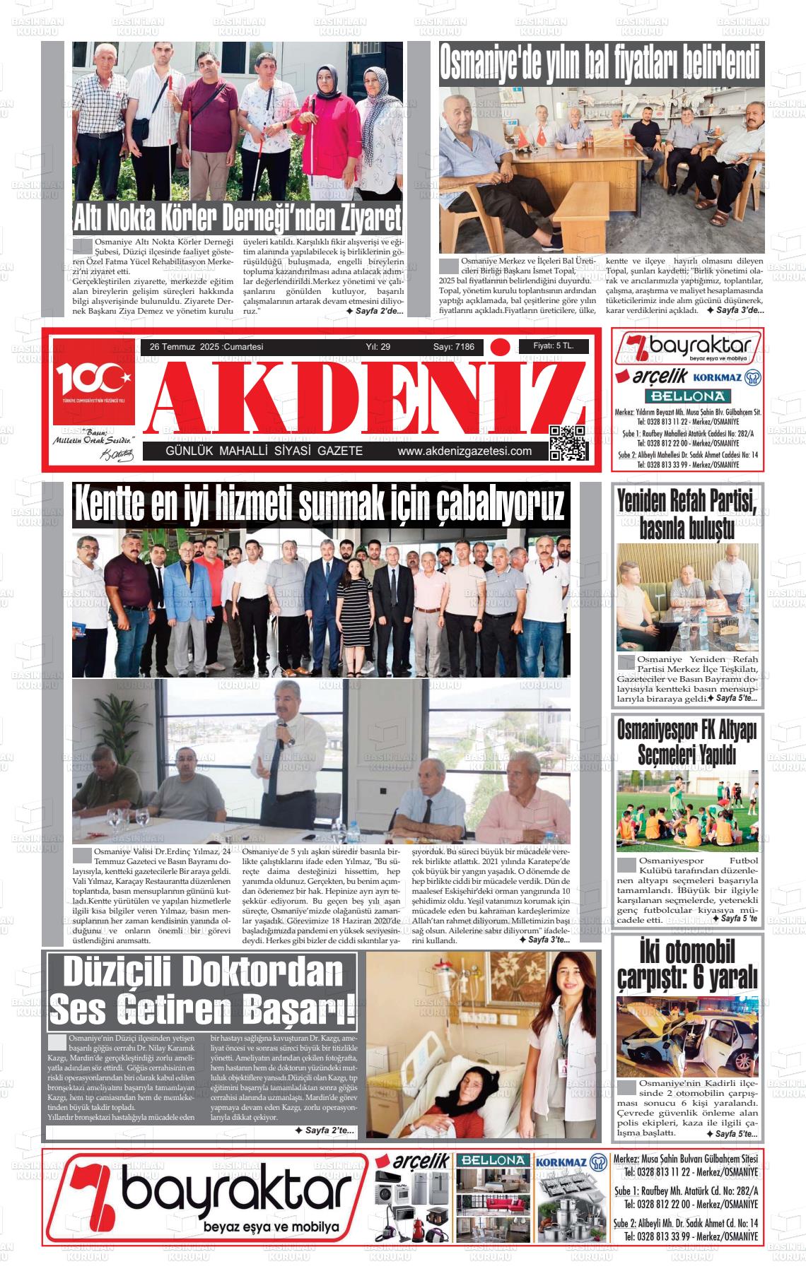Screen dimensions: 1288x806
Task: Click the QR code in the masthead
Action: pos(568,443)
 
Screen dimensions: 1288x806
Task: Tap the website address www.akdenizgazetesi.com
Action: pos(464,451)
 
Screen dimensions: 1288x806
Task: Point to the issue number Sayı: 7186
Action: pos(453,347)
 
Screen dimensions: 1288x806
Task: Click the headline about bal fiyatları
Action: pos(601,64)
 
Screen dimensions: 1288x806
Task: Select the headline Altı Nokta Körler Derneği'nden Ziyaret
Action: pos(238,218)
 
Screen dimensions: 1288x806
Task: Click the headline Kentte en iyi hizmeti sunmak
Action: pos(320,504)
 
